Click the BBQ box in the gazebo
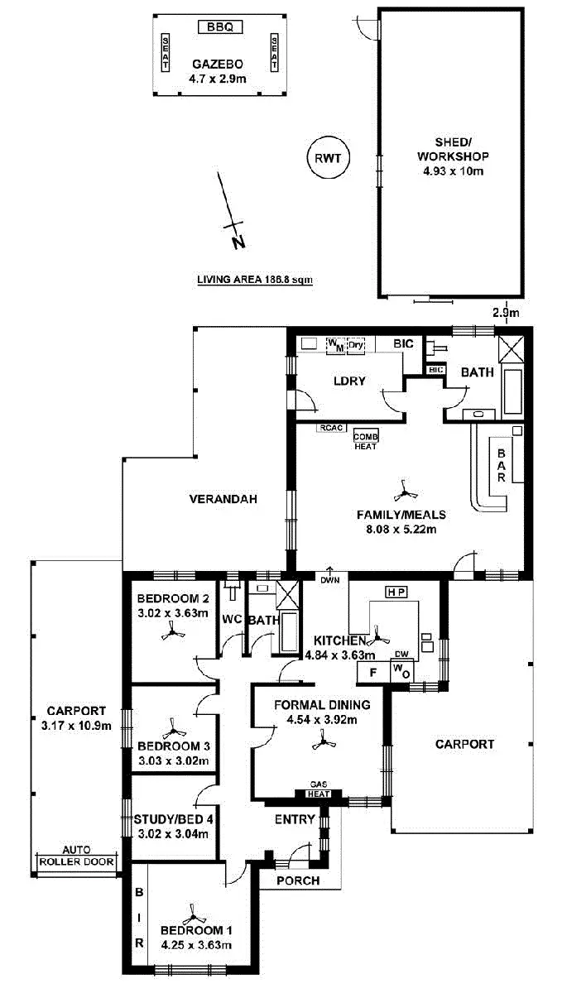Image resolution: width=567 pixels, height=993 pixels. coord(220,26)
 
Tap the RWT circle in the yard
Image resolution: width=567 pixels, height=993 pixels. coord(328,156)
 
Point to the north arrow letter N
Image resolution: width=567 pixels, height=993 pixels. coord(238,242)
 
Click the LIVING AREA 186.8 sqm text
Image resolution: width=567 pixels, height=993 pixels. coord(254,280)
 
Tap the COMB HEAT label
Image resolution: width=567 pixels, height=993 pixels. coord(365,440)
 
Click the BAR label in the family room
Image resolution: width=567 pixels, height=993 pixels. coord(502,466)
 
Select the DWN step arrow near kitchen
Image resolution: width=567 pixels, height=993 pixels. coord(330,575)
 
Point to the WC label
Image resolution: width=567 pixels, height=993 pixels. coord(230,619)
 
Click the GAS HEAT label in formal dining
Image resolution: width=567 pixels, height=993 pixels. coord(320,789)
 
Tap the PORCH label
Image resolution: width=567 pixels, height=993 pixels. coord(298,880)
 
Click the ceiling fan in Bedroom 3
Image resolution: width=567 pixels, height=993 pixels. coord(173,732)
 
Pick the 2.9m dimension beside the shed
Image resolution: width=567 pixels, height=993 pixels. coord(505,313)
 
